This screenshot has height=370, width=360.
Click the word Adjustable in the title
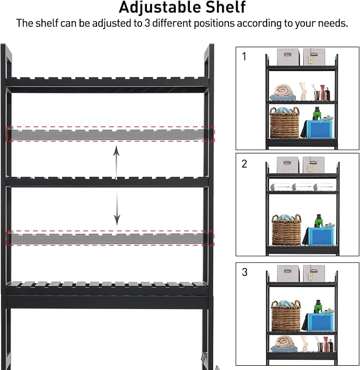tap(160, 7)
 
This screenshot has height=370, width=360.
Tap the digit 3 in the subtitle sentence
tap(147, 23)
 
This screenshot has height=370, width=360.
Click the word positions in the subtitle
tap(214, 23)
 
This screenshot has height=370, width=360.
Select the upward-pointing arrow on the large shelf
tap(116, 162)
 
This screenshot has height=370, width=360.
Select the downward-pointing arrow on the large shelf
tap(117, 208)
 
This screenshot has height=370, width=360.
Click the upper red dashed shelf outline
tap(111, 134)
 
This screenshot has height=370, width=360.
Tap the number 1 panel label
tap(244, 57)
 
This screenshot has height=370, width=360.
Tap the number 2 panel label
tap(244, 164)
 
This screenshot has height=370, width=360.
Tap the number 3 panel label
tap(244, 272)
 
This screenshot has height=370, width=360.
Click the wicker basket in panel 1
tap(285, 123)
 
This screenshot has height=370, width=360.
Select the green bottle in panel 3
tap(318, 307)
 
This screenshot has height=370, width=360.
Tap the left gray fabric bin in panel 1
tap(288, 57)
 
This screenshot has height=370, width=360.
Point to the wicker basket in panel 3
tap(286, 316)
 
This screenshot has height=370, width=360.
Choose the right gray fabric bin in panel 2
tap(313, 165)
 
